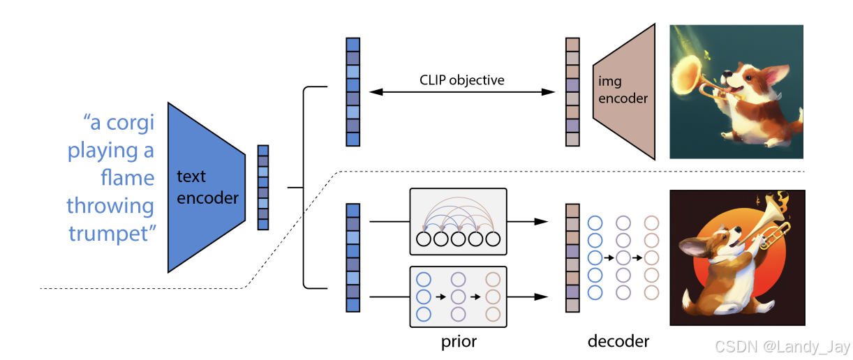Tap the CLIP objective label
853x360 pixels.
tap(461, 80)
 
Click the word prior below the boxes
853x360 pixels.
tap(459, 342)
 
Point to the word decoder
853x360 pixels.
tap(618, 342)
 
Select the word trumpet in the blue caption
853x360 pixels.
tap(110, 233)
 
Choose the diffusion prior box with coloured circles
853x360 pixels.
tap(457, 297)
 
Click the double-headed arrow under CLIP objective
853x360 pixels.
tap(461, 92)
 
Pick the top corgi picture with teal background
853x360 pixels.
tap(736, 91)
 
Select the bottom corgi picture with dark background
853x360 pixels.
tap(736, 257)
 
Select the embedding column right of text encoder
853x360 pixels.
tap(263, 187)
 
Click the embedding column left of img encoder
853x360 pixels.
tap(572, 91)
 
